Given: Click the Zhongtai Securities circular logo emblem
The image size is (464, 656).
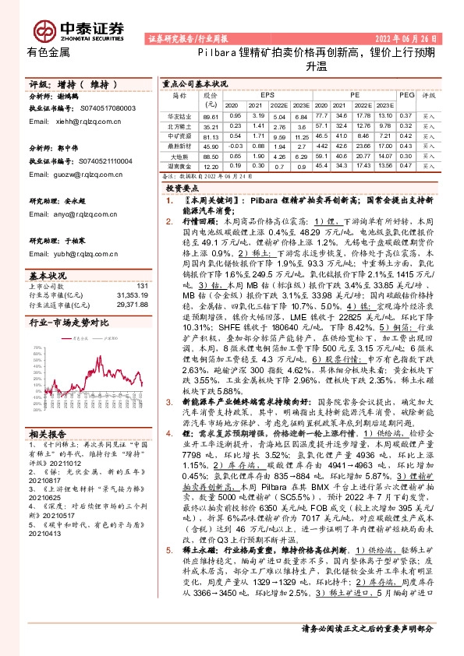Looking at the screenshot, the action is click(42, 28).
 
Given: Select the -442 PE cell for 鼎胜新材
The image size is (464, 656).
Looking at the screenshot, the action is click(321, 146).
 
